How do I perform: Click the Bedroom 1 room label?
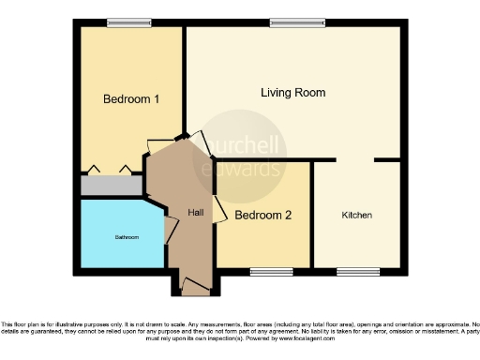click(131, 98)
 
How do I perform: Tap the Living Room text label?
click(293, 93)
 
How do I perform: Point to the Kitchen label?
click(356, 216)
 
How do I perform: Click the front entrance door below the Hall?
click(196, 285)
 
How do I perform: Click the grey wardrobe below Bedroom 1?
click(110, 186)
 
